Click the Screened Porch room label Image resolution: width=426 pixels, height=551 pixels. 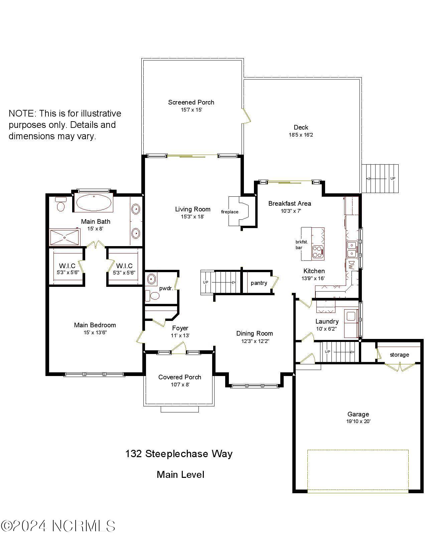(191, 103)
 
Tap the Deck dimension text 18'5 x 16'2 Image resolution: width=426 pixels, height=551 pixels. (301, 135)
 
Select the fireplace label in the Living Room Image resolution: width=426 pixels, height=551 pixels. (230, 212)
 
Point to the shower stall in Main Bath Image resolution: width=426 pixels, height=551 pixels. (64, 237)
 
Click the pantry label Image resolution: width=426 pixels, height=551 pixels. (259, 283)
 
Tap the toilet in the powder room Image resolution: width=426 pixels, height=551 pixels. (154, 296)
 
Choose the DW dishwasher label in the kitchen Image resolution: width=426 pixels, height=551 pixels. (351, 265)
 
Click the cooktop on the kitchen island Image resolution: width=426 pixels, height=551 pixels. (318, 252)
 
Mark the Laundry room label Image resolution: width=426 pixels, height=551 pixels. (327, 321)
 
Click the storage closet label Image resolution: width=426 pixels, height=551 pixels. (399, 355)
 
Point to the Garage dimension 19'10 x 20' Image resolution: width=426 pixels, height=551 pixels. (358, 421)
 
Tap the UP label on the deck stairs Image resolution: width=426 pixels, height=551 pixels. (393, 179)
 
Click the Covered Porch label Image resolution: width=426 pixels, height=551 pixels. (179, 377)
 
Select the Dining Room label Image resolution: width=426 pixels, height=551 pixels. (254, 333)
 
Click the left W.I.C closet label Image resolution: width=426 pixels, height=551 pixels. (67, 266)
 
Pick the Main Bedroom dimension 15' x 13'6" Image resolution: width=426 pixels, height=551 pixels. (95, 332)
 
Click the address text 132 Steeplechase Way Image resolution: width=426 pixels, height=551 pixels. (179, 454)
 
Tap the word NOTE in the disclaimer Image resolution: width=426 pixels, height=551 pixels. (22, 114)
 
